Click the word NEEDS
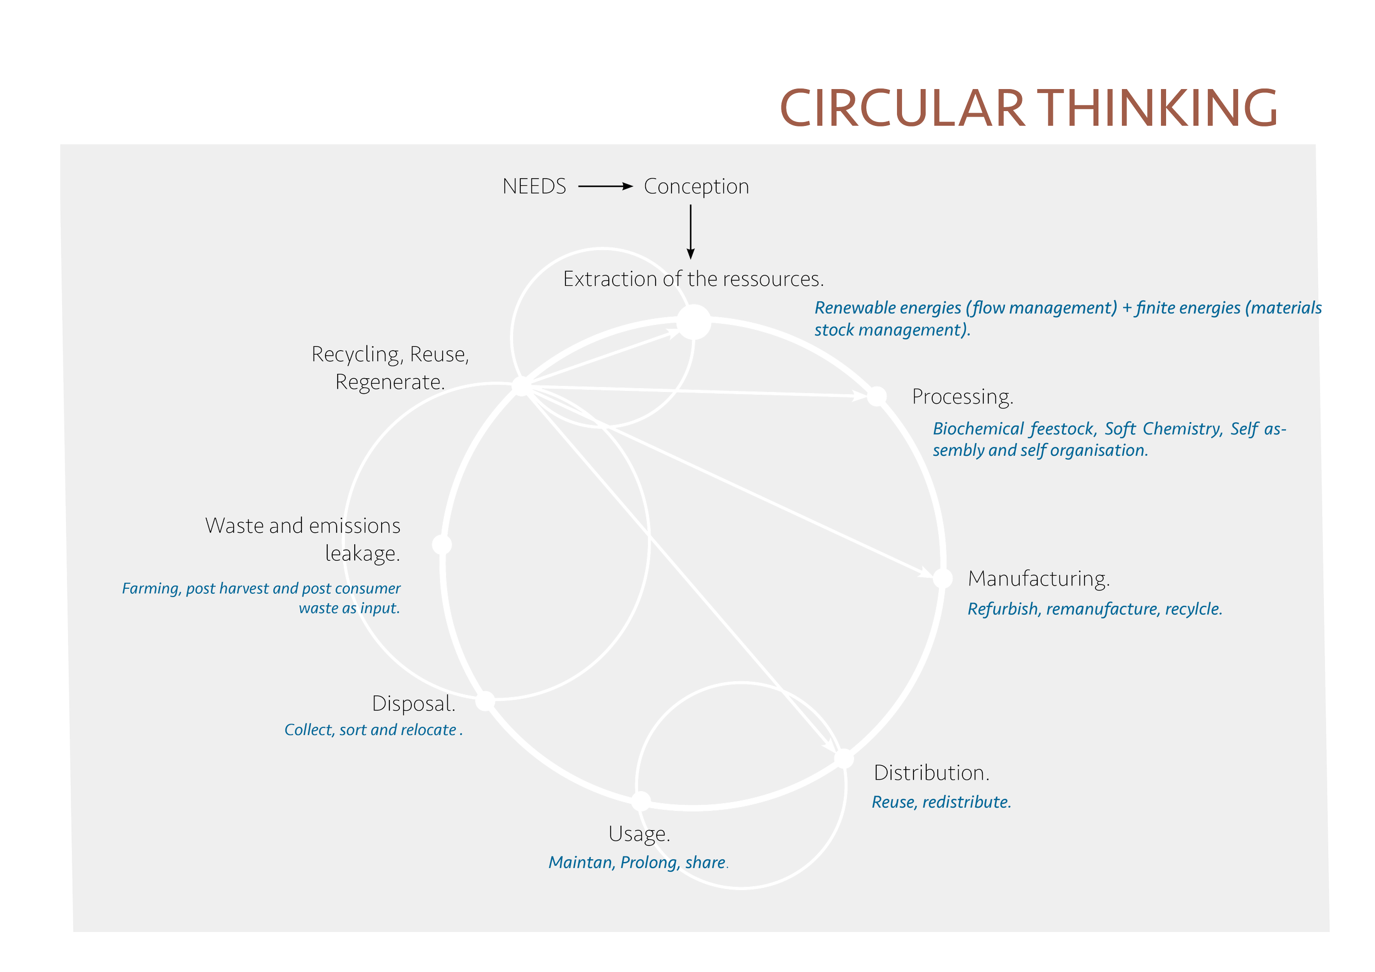click(534, 186)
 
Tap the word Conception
click(696, 187)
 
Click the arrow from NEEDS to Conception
click(606, 186)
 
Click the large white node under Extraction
click(694, 322)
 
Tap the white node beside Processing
click(877, 396)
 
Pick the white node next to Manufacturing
click(943, 578)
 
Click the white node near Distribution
click(844, 758)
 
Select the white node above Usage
click(641, 801)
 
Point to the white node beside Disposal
click(485, 701)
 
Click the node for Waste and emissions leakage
click(442, 545)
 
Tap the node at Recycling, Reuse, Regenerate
click(521, 386)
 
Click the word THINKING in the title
click(1158, 108)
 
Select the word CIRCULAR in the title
click(902, 108)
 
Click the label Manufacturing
click(1039, 579)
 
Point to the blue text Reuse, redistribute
click(942, 802)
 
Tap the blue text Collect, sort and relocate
click(373, 730)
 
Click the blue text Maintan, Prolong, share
click(639, 863)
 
